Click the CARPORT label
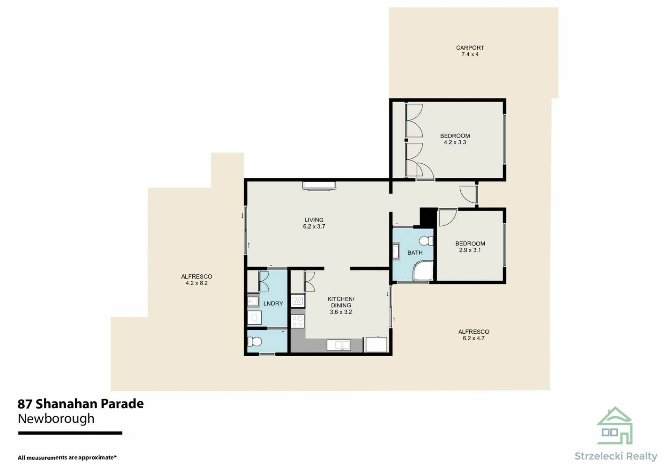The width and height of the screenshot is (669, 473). [470, 48]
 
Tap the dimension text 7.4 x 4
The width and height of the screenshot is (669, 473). [470, 54]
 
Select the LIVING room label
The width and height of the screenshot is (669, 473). [314, 220]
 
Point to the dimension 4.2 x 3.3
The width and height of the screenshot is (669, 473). [455, 142]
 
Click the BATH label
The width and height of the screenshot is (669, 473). [415, 253]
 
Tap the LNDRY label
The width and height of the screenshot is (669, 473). [273, 303]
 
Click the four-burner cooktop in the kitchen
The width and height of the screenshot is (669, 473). [298, 321]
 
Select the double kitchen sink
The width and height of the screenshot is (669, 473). [339, 345]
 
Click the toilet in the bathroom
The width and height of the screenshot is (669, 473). [426, 241]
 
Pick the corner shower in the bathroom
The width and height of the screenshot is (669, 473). [423, 271]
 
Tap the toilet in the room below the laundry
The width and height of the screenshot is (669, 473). [254, 341]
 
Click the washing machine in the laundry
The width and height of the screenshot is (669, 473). [254, 317]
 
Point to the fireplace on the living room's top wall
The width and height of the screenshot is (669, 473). [319, 186]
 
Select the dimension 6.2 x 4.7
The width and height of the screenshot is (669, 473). [474, 338]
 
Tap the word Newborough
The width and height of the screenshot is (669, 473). [56, 419]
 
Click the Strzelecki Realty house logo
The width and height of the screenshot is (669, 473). [615, 426]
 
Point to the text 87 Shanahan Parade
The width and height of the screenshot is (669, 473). [80, 404]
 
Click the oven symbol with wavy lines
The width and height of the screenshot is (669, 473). [298, 301]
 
